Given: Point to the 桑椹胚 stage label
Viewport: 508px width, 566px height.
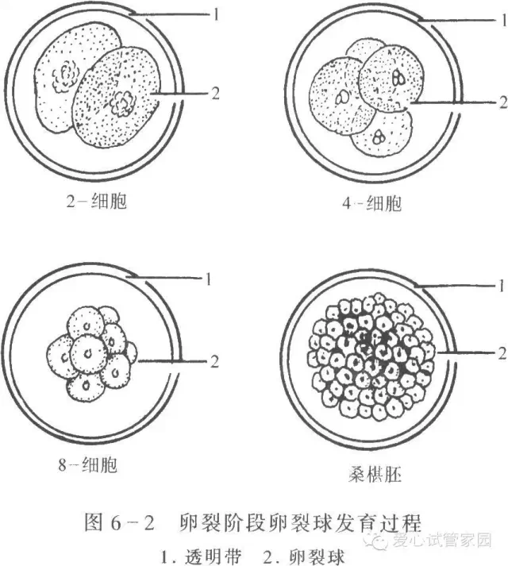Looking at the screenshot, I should (373, 476).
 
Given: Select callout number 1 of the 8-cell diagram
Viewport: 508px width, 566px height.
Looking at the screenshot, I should (209, 279).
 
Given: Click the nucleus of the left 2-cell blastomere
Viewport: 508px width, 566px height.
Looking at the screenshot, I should (63, 77).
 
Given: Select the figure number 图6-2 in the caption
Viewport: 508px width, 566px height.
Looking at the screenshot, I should (119, 522).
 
